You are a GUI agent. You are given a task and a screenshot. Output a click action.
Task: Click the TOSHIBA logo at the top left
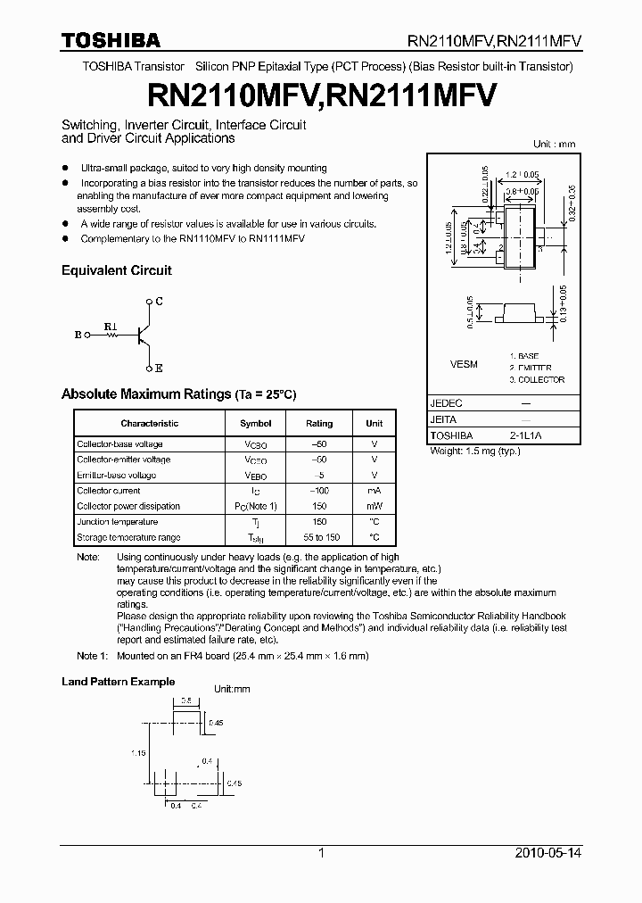click(111, 40)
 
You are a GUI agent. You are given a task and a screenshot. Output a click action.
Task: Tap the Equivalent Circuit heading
click(116, 270)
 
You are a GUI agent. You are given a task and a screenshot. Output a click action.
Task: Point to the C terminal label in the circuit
click(159, 302)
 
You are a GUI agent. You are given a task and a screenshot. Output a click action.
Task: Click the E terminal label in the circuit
click(159, 368)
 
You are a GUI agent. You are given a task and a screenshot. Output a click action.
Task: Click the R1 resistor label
click(111, 326)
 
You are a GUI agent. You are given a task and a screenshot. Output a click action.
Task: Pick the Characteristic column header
click(150, 423)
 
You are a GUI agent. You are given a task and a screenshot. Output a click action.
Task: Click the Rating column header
click(319, 423)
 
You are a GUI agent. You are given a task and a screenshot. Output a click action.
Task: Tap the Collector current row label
click(109, 491)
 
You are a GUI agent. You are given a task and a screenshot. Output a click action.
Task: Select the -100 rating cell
click(319, 491)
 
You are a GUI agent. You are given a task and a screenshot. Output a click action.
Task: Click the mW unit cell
click(374, 506)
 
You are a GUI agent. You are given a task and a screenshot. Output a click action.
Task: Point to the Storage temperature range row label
click(128, 537)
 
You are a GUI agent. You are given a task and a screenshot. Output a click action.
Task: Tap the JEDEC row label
click(447, 403)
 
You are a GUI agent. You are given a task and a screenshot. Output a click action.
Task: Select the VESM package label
click(465, 364)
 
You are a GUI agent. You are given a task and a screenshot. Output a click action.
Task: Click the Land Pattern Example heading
click(118, 682)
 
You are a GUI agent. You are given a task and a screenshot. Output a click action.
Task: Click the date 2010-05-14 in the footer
click(548, 853)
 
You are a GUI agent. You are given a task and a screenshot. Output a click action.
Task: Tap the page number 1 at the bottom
click(321, 853)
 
